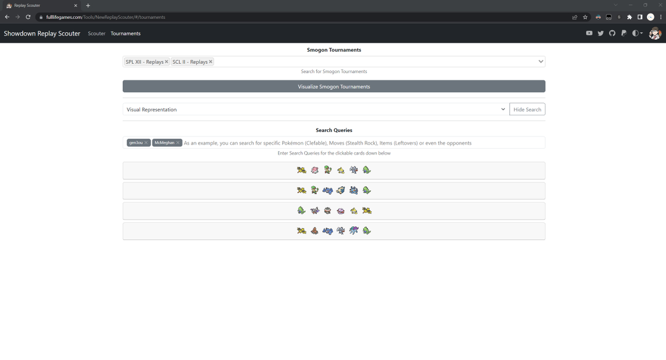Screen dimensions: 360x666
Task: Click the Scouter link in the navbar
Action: (x=97, y=34)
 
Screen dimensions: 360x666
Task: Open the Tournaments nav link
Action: (x=125, y=34)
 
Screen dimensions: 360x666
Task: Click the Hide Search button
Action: (x=527, y=110)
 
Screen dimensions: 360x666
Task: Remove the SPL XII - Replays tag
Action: (x=167, y=62)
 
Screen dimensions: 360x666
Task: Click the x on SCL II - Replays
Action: (x=210, y=62)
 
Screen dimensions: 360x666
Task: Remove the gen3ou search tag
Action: (x=146, y=143)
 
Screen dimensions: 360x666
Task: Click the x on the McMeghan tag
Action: (x=178, y=143)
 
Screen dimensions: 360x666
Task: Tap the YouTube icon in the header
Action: (x=589, y=33)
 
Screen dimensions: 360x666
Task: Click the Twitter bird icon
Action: (x=601, y=33)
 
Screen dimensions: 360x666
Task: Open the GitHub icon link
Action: (x=612, y=33)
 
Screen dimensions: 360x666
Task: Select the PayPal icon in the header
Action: (x=624, y=33)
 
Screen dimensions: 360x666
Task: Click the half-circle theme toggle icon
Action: (x=636, y=33)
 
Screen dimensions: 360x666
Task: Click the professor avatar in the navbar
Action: (x=655, y=33)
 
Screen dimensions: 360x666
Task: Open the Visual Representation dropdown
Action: (x=315, y=110)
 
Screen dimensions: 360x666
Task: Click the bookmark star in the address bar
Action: (x=585, y=17)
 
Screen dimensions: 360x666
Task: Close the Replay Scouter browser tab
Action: (x=75, y=6)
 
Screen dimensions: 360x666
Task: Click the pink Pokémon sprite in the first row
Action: (x=315, y=170)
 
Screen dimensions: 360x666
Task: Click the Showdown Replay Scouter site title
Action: (x=42, y=34)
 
